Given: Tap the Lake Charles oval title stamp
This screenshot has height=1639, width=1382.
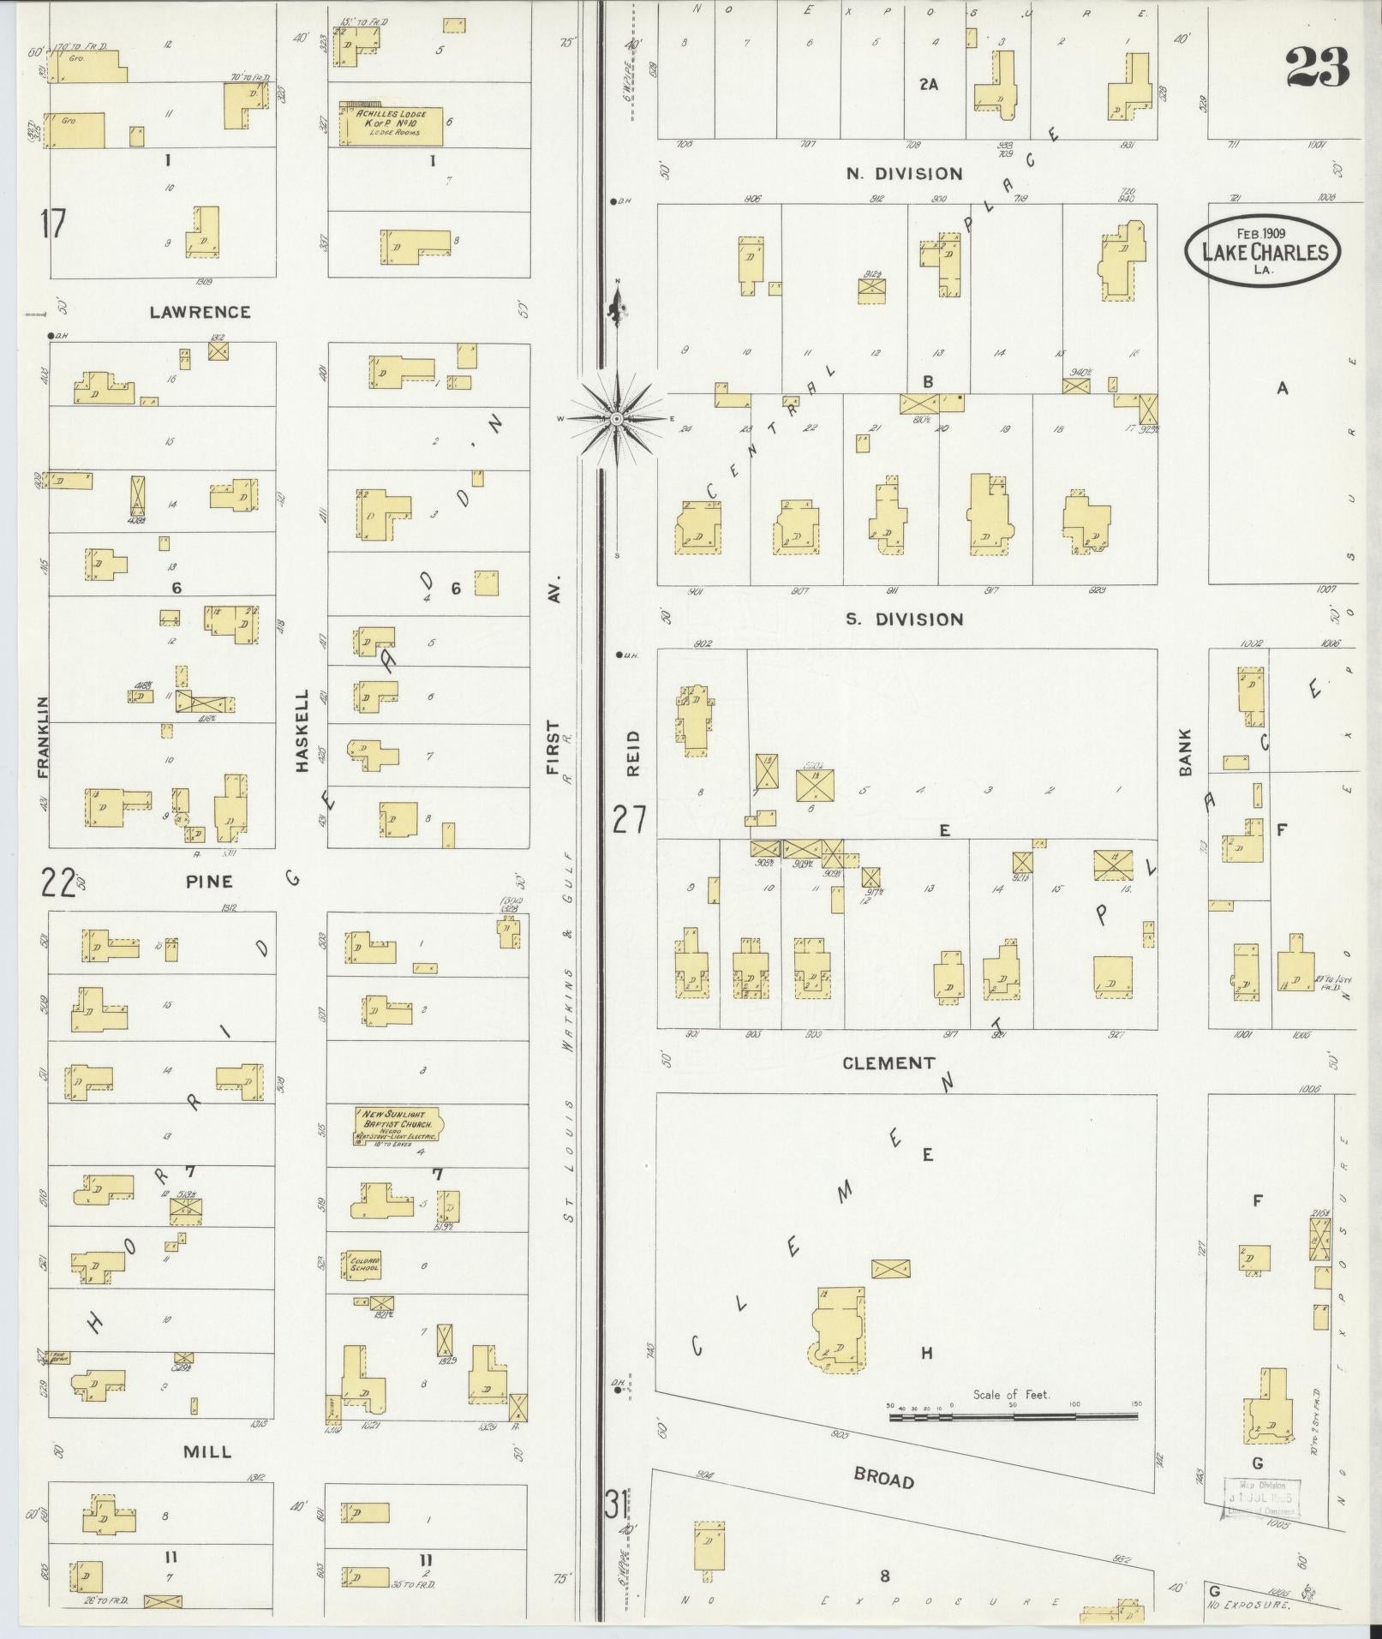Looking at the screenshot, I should [x=1264, y=251].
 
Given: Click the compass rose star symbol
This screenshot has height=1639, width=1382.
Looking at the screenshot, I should [x=616, y=419].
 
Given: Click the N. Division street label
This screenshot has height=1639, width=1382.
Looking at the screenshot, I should [x=903, y=174].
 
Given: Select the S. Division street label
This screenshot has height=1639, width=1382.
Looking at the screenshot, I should [x=903, y=619].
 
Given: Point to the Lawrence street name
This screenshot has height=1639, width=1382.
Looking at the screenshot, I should [x=200, y=312].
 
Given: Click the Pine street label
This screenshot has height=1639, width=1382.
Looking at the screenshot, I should [x=208, y=881].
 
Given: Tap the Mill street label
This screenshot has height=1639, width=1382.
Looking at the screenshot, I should [x=207, y=1451].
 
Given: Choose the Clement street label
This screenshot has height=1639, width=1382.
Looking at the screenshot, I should [x=888, y=1063].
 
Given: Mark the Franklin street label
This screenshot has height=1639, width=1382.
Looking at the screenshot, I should [x=43, y=737].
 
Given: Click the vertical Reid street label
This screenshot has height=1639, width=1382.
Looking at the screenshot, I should [x=633, y=753].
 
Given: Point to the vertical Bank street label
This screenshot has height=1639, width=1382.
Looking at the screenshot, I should [x=1186, y=752].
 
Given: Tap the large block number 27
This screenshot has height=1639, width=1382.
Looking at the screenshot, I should [x=628, y=819].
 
